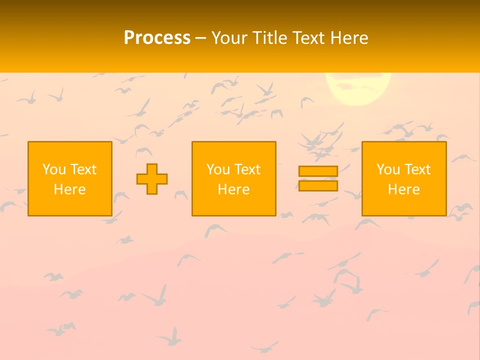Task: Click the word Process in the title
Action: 157,38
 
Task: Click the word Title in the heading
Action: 268,38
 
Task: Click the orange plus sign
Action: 152,179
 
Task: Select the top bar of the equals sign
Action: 318,171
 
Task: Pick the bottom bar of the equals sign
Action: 318,186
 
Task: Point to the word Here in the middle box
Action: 234,189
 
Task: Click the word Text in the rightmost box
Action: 417,169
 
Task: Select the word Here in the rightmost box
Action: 404,189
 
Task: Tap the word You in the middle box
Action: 217,169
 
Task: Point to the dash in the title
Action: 200,38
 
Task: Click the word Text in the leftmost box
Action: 83,169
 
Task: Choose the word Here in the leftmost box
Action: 70,189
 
